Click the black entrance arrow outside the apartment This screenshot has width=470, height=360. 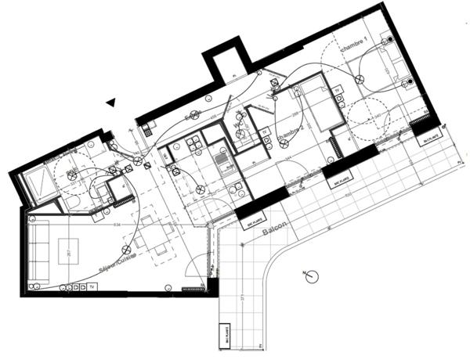(112, 101)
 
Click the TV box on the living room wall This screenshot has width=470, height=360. (92, 286)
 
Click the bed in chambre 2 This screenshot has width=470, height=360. (321, 103)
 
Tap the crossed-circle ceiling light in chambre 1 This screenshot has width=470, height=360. (360, 77)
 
